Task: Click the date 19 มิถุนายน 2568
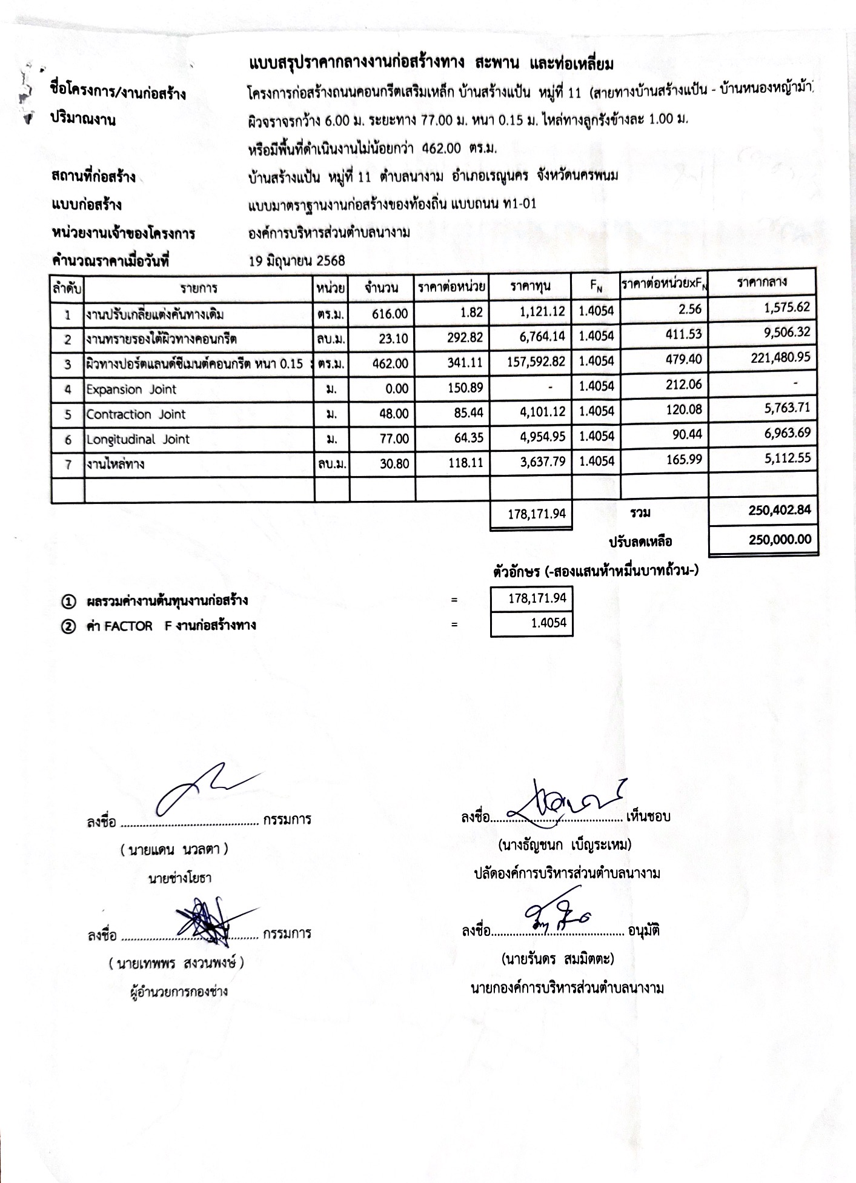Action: tap(297, 261)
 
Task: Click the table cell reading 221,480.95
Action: tap(780, 358)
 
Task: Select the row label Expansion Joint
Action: tap(131, 389)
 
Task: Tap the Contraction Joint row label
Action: tap(136, 415)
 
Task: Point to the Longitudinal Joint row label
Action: tap(138, 440)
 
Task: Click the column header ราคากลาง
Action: tap(761, 282)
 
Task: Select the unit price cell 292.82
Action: tap(465, 338)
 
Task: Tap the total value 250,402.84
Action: tap(779, 510)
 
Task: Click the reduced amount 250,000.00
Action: tap(780, 539)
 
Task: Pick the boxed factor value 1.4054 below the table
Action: tap(548, 623)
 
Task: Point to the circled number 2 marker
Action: tap(68, 626)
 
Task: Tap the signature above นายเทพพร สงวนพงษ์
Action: tap(206, 920)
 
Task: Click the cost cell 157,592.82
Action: tap(536, 362)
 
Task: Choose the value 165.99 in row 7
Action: tap(683, 460)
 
